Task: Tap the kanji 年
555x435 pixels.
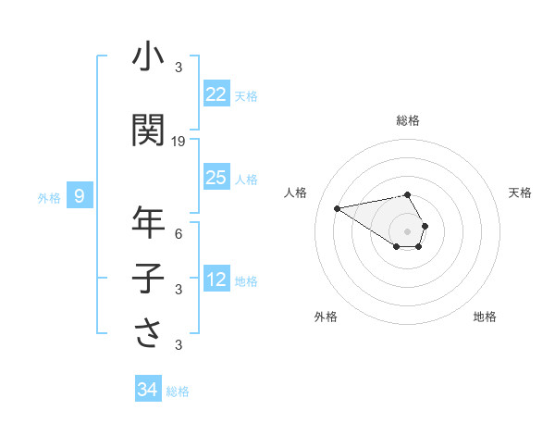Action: point(149,223)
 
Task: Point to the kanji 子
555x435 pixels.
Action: point(149,278)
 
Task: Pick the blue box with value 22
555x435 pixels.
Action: point(216,94)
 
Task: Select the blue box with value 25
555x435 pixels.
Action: point(216,178)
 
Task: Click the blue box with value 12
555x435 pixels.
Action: point(216,280)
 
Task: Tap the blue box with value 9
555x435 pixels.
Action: point(80,195)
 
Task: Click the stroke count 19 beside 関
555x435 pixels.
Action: point(179,142)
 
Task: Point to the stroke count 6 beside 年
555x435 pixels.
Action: point(179,233)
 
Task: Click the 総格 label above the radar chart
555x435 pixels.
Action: point(408,120)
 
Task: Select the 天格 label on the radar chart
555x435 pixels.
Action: point(521,193)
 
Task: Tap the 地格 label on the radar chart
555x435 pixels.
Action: point(485,317)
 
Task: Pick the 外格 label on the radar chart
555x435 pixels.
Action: point(326,317)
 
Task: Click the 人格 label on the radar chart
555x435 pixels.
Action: point(296,193)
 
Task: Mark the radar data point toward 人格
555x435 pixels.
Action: point(337,207)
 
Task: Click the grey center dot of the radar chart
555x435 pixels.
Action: point(407,230)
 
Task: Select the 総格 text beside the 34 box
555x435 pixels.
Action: point(178,391)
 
